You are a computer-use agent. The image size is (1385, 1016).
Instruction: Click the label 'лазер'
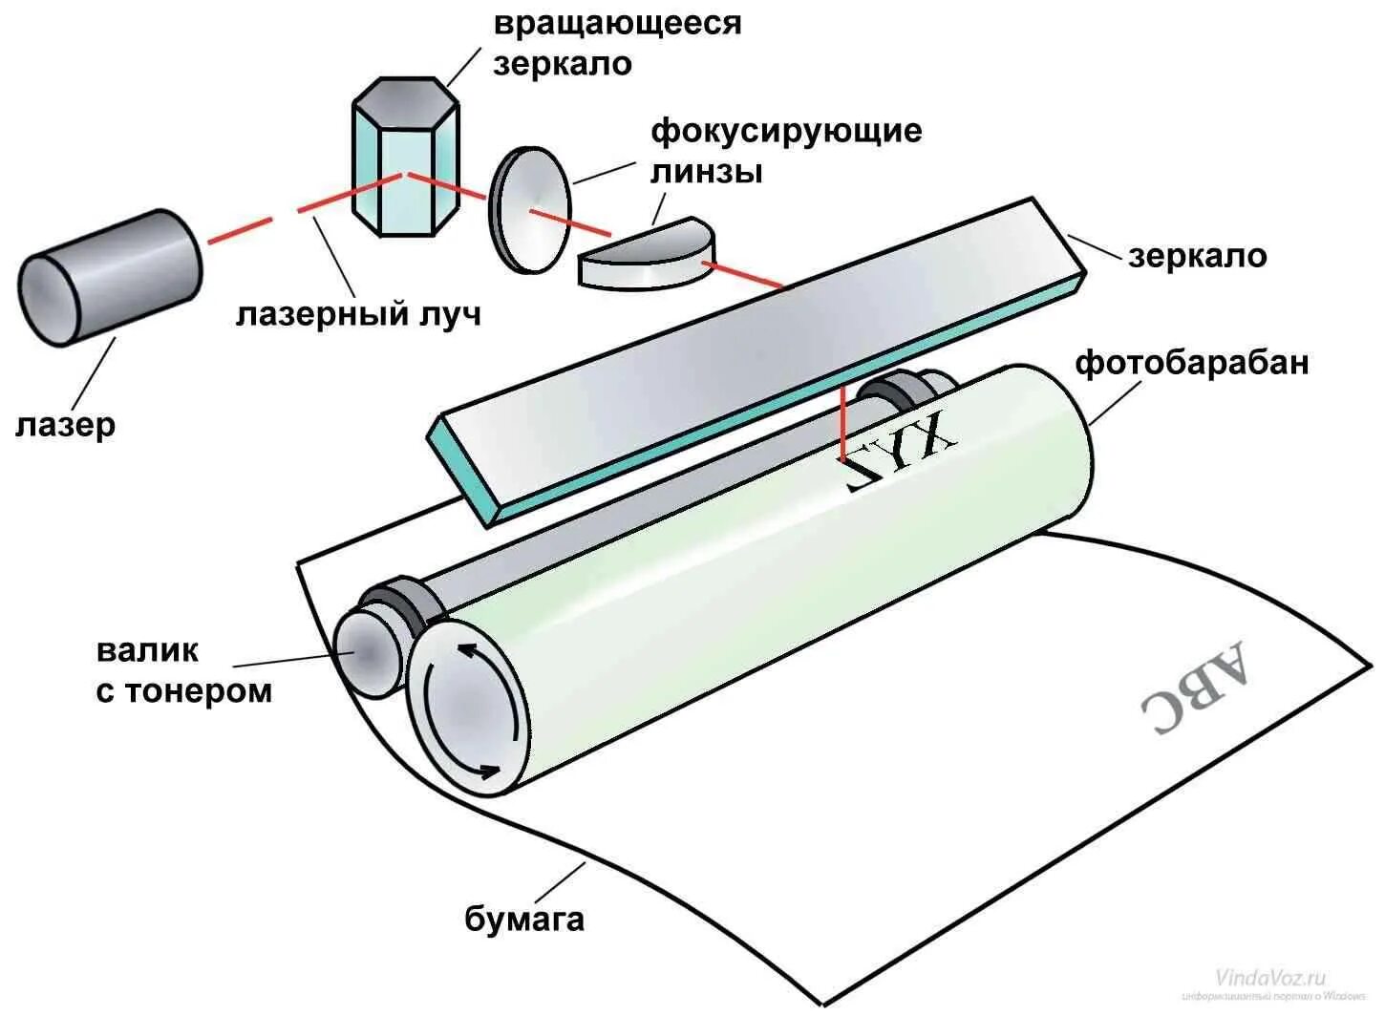point(65,424)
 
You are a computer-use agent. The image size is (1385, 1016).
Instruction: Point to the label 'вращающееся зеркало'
point(616,42)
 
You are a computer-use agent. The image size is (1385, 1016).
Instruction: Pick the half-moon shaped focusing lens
point(646,253)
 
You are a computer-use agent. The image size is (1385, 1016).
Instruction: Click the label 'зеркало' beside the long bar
point(1197,255)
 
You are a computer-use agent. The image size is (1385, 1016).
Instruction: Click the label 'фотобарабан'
point(1191,363)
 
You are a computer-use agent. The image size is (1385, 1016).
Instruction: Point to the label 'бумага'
point(524,919)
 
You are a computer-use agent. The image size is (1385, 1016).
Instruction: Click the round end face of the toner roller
point(368,652)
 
